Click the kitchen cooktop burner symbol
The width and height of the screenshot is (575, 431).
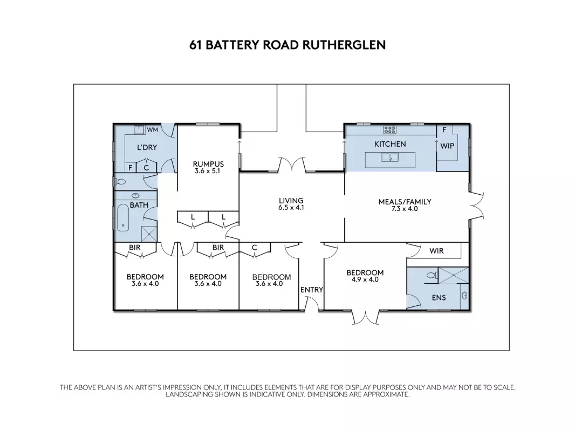point(390,129)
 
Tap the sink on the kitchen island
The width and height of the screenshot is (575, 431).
point(390,158)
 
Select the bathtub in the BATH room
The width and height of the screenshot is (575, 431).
point(123,218)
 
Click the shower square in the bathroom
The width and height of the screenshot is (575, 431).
point(149,234)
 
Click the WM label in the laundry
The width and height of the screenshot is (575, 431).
point(152,129)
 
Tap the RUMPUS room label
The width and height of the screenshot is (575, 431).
point(208,164)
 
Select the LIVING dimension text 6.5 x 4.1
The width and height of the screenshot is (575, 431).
point(291,208)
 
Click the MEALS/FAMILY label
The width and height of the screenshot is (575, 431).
point(405,202)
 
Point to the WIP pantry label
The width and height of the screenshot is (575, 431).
point(447,146)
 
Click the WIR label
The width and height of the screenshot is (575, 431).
point(436,251)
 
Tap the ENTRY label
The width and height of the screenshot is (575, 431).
point(312,290)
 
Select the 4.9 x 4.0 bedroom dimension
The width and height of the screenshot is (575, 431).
point(365,279)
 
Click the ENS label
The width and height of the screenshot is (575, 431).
point(439,297)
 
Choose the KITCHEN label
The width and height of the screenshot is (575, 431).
point(390,144)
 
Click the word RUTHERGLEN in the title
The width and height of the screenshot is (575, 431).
point(344,45)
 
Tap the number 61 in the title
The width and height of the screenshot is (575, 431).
point(195,45)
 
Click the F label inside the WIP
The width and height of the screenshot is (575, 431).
point(444,129)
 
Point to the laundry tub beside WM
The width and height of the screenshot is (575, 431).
point(139,129)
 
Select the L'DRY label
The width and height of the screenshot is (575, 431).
point(147,147)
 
